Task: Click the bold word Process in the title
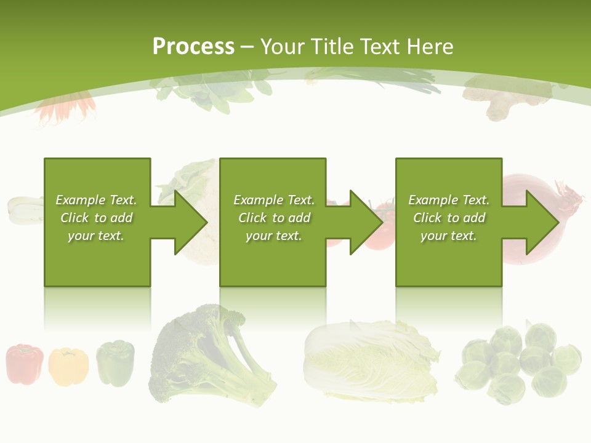point(193,47)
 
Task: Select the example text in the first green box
point(97,218)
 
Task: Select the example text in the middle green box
point(274,218)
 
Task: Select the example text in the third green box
point(449,218)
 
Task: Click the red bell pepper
point(25,364)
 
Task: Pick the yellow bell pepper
point(68,366)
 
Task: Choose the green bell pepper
point(115,363)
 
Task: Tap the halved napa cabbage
point(369,360)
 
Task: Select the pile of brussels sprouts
point(520,363)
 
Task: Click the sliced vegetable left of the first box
point(23,209)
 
